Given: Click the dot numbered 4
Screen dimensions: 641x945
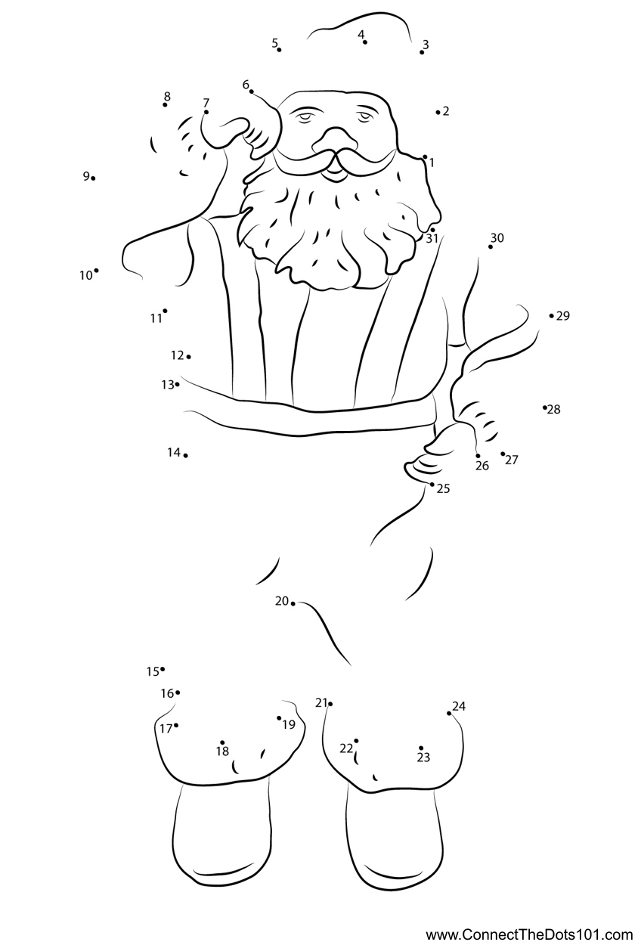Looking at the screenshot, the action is [x=365, y=42].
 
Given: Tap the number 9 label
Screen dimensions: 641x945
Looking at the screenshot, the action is [x=86, y=176].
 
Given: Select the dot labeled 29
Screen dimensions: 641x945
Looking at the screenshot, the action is [x=551, y=315].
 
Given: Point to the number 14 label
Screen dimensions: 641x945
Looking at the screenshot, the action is [x=174, y=453].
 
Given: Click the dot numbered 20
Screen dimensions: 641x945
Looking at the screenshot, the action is [x=293, y=604].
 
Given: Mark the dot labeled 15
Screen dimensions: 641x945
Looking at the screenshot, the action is [x=163, y=669].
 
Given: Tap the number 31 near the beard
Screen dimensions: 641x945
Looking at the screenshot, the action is [x=432, y=239].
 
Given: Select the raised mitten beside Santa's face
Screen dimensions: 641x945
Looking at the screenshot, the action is [x=240, y=126].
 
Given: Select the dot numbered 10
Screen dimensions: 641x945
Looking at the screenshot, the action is [x=97, y=271].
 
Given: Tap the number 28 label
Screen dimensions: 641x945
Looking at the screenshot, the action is [x=554, y=409].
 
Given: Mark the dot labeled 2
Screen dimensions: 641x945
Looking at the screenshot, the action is [x=438, y=112].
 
